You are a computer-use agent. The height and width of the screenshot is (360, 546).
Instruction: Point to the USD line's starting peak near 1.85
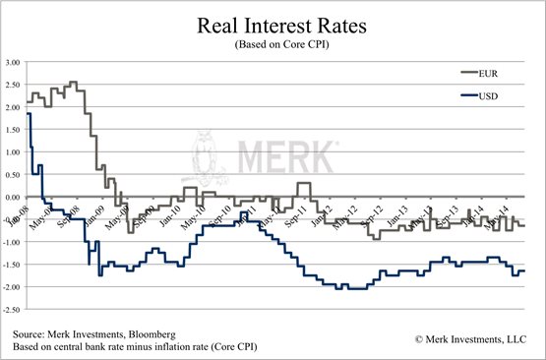[x=28, y=114]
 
